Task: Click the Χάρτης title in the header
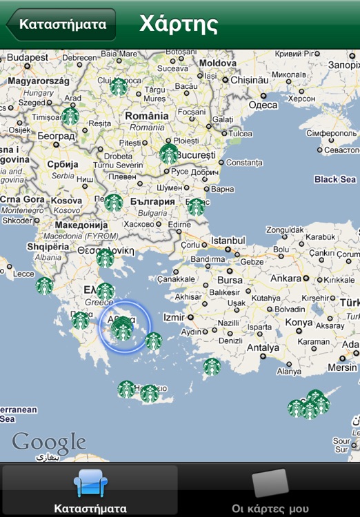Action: pyautogui.click(x=179, y=24)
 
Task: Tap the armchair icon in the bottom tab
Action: pyautogui.click(x=90, y=483)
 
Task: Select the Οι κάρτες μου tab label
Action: pyautogui.click(x=270, y=509)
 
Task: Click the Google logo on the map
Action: pyautogui.click(x=48, y=443)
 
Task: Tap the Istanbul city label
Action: pyautogui.click(x=228, y=241)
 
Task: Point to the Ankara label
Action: pyautogui.click(x=286, y=278)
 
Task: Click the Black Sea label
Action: pyautogui.click(x=335, y=179)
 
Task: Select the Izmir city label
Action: pyautogui.click(x=174, y=317)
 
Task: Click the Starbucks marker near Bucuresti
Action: pyautogui.click(x=169, y=154)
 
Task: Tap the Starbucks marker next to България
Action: pyautogui.click(x=114, y=203)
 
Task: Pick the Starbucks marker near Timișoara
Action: pyautogui.click(x=70, y=116)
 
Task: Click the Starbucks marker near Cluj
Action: pyautogui.click(x=119, y=86)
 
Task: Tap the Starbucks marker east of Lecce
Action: pyautogui.click(x=45, y=285)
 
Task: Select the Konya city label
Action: pyautogui.click(x=299, y=323)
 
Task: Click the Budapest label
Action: pyautogui.click(x=28, y=57)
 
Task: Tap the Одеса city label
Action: pyautogui.click(x=262, y=105)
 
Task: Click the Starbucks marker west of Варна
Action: pyautogui.click(x=197, y=206)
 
